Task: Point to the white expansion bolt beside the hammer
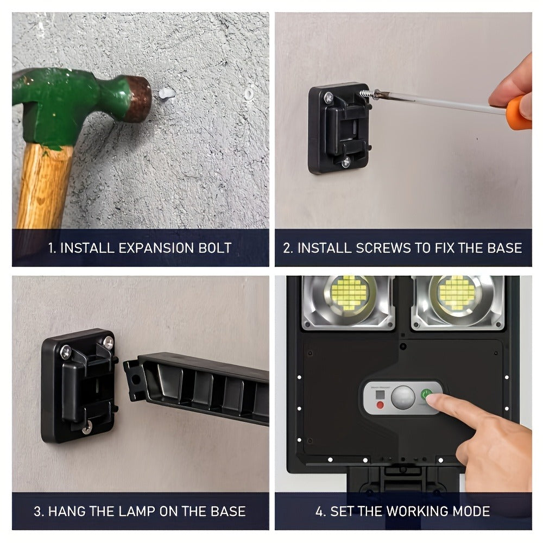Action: coord(165,94)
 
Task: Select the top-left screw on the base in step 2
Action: coord(329,98)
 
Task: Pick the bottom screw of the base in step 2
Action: coord(345,161)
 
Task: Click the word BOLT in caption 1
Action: coord(213,248)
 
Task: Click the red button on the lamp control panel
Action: coord(380,405)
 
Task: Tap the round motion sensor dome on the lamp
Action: coord(403,397)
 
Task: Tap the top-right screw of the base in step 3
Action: coord(108,343)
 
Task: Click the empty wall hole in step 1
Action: coord(249,93)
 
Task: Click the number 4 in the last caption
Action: coord(320,511)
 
